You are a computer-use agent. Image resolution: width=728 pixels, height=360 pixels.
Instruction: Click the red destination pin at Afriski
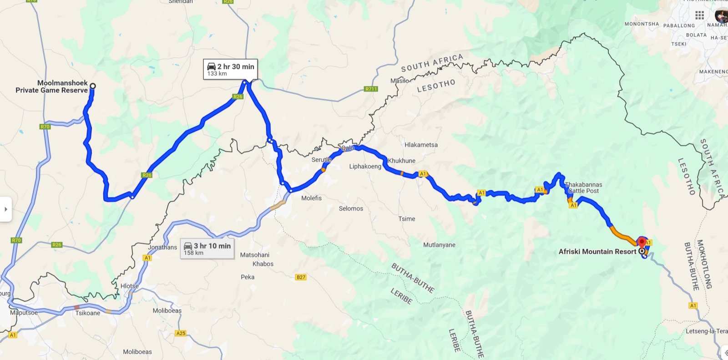click(x=642, y=242)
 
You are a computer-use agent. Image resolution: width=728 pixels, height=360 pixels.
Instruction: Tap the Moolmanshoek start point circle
click(x=93, y=86)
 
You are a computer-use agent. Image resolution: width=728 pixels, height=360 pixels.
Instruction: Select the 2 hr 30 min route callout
click(x=230, y=69)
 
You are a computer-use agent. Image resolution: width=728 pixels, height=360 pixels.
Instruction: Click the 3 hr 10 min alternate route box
click(x=207, y=248)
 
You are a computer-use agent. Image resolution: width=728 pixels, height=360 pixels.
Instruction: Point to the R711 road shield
click(x=371, y=89)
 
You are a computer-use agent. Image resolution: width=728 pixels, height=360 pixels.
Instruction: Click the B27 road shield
click(x=301, y=277)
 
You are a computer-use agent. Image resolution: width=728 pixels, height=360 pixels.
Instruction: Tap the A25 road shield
click(x=181, y=333)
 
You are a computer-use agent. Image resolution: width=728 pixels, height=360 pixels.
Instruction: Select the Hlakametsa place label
click(x=421, y=145)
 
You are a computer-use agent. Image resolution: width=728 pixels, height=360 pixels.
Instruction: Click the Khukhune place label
click(x=401, y=161)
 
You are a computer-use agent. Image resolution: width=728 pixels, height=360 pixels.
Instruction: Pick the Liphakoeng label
click(x=365, y=166)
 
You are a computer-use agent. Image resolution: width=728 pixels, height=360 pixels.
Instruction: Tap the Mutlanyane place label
click(x=439, y=245)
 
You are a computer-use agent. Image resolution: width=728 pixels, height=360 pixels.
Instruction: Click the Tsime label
click(x=407, y=219)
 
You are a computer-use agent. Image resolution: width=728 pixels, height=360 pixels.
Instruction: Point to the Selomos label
click(x=351, y=208)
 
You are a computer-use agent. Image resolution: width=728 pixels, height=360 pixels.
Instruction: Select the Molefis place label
click(x=311, y=198)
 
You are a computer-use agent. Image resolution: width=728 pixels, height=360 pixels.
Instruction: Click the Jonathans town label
click(x=162, y=247)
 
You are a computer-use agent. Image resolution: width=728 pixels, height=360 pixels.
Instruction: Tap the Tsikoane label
click(x=88, y=313)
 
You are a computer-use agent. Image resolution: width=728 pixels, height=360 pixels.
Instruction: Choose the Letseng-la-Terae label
click(x=706, y=331)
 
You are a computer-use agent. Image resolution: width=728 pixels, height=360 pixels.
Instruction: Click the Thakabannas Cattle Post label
click(x=583, y=188)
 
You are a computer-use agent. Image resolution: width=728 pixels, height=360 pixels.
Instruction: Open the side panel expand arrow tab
click(x=5, y=209)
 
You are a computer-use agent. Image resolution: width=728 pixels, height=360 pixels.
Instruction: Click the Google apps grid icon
click(x=699, y=15)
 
